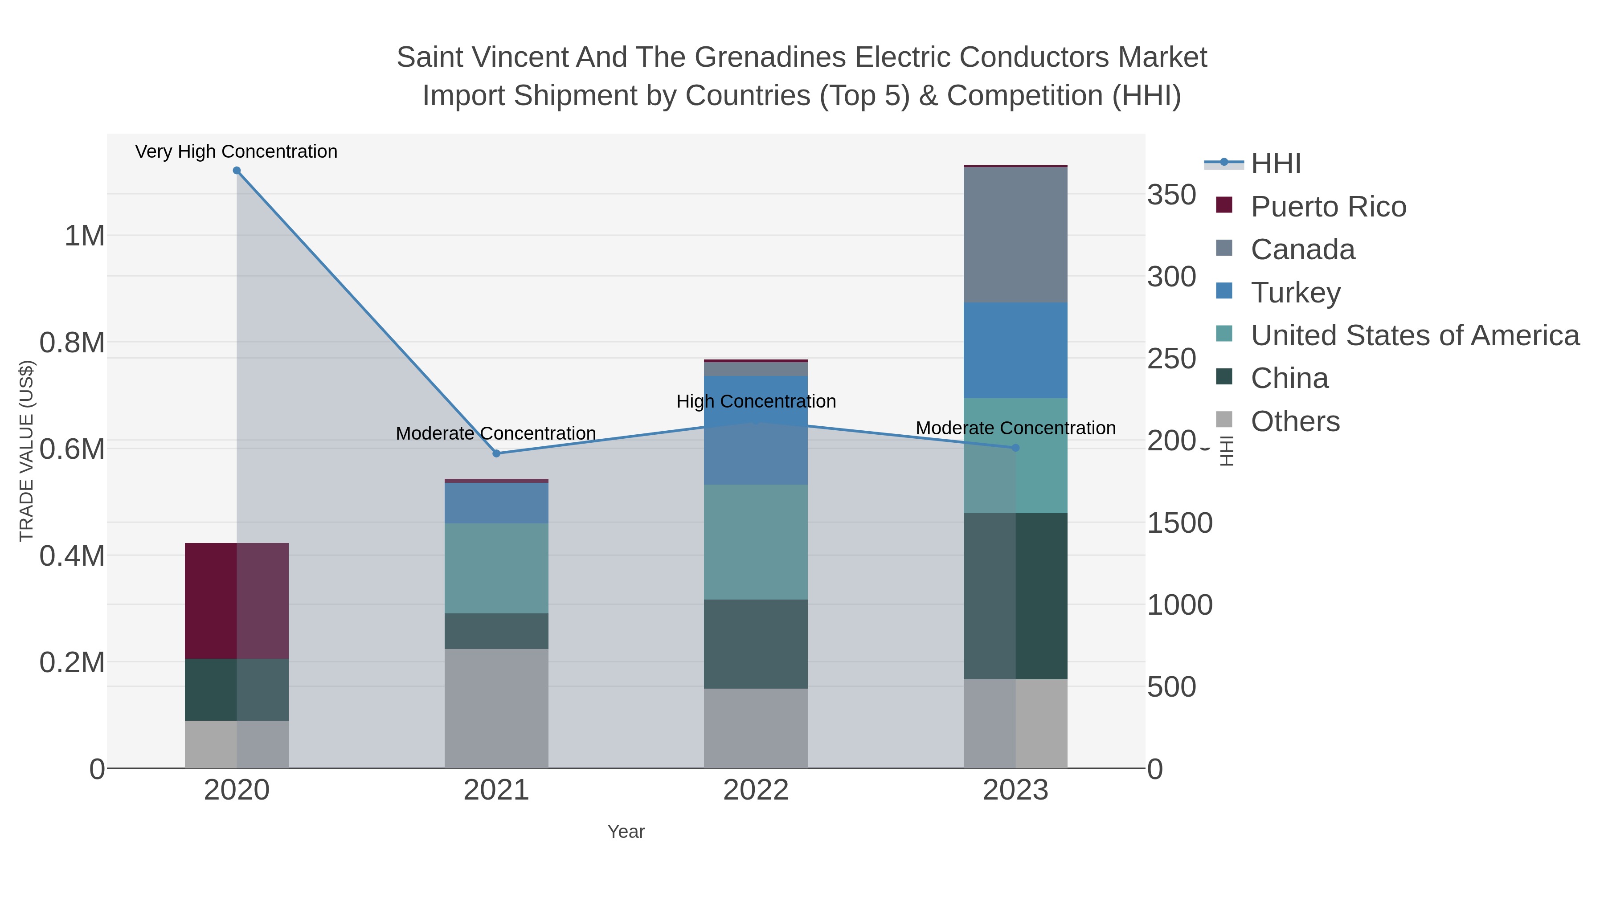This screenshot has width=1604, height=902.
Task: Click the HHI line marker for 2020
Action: click(x=237, y=171)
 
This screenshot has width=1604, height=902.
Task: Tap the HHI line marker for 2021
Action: click(x=496, y=453)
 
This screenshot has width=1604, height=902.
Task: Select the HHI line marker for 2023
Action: click(x=1015, y=448)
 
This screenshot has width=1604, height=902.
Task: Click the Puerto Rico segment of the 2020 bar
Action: click(x=237, y=601)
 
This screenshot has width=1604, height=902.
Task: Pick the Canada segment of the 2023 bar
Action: click(x=1015, y=235)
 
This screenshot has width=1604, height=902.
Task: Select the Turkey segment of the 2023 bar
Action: click(x=1015, y=351)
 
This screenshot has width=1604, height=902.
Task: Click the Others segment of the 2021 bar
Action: click(x=496, y=708)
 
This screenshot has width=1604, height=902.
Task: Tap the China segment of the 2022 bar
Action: click(x=756, y=644)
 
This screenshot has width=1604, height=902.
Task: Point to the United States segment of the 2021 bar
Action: click(x=496, y=568)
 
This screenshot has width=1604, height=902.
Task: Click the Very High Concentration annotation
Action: click(x=237, y=152)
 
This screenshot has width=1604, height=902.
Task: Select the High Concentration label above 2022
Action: click(x=756, y=401)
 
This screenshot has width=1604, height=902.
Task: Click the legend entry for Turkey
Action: click(x=1295, y=293)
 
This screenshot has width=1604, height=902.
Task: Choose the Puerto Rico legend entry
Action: click(x=1328, y=207)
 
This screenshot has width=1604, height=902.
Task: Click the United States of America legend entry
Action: click(x=1415, y=335)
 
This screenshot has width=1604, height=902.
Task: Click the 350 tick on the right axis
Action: click(x=1172, y=195)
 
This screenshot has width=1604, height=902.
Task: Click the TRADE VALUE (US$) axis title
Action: click(x=27, y=451)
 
